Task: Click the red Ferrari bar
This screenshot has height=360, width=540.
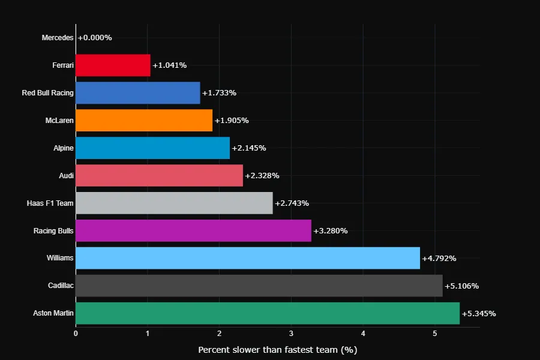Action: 113,65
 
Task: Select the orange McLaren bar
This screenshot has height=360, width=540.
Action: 144,121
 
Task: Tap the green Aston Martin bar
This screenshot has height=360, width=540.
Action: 268,314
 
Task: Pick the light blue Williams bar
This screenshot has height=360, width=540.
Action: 248,259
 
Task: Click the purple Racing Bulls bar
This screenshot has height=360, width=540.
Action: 193,231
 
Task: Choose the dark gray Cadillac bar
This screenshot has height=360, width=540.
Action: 259,286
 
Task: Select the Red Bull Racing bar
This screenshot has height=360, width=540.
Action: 138,93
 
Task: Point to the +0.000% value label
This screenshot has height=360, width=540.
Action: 95,38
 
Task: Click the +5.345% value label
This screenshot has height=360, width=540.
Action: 479,314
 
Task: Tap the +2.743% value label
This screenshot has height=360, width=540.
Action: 292,203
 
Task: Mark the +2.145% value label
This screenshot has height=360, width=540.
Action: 248,148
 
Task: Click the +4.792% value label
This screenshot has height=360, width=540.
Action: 439,259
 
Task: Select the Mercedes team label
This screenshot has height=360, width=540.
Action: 58,38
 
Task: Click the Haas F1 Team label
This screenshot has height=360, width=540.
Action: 50,203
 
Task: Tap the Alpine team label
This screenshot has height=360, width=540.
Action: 64,148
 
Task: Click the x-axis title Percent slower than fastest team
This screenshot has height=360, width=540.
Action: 277,349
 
